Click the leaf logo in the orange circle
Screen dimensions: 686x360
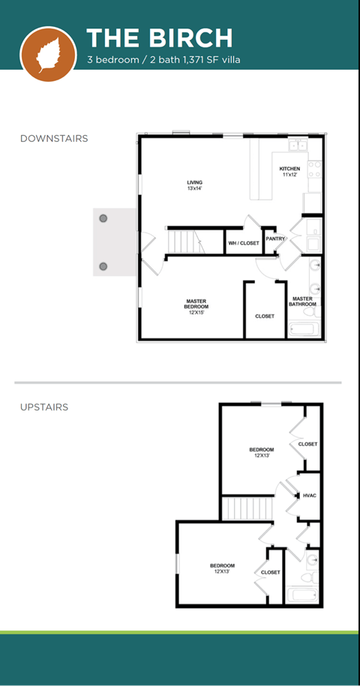click(47, 53)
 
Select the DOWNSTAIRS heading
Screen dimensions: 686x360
click(53, 139)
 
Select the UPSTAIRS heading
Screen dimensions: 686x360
click(43, 408)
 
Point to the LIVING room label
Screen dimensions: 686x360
click(194, 185)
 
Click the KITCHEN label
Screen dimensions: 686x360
click(290, 171)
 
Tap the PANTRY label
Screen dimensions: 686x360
click(275, 239)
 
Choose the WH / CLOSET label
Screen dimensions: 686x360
click(244, 243)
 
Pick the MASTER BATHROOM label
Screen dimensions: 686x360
click(303, 301)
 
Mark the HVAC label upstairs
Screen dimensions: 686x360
click(310, 495)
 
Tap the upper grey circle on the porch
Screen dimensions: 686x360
click(103, 218)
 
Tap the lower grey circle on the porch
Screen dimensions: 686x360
click(103, 266)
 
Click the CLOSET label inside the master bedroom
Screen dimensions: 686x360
click(264, 316)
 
